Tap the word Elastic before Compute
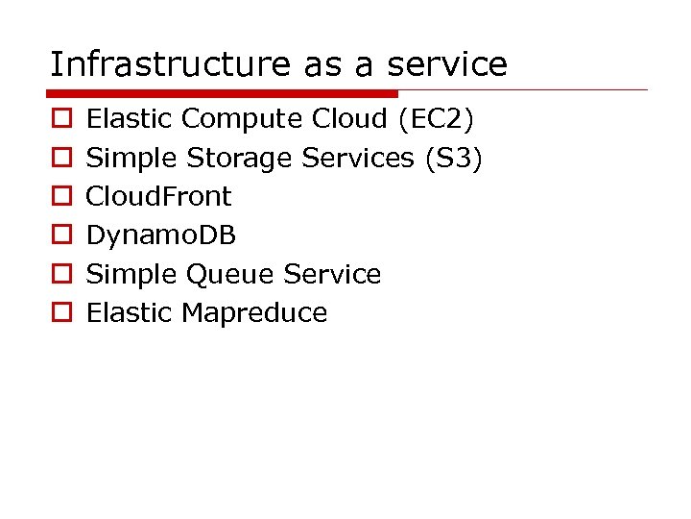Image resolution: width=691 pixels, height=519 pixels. [x=130, y=119]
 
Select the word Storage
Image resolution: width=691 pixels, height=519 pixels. [x=240, y=158]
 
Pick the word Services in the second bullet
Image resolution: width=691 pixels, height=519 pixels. [x=357, y=158]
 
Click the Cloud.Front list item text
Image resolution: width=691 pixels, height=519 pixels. [x=159, y=196]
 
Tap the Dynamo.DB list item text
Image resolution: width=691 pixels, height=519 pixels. [x=161, y=235]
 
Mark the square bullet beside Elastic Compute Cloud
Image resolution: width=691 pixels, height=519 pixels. [x=60, y=120]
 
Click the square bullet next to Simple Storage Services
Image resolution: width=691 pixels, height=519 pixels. [x=60, y=159]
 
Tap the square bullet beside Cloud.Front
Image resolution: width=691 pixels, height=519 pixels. [x=60, y=197]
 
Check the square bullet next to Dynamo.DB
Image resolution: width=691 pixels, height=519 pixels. [x=60, y=235]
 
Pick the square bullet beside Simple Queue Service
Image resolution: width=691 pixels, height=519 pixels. [x=60, y=275]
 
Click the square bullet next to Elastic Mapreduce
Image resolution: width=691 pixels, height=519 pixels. [x=60, y=313]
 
